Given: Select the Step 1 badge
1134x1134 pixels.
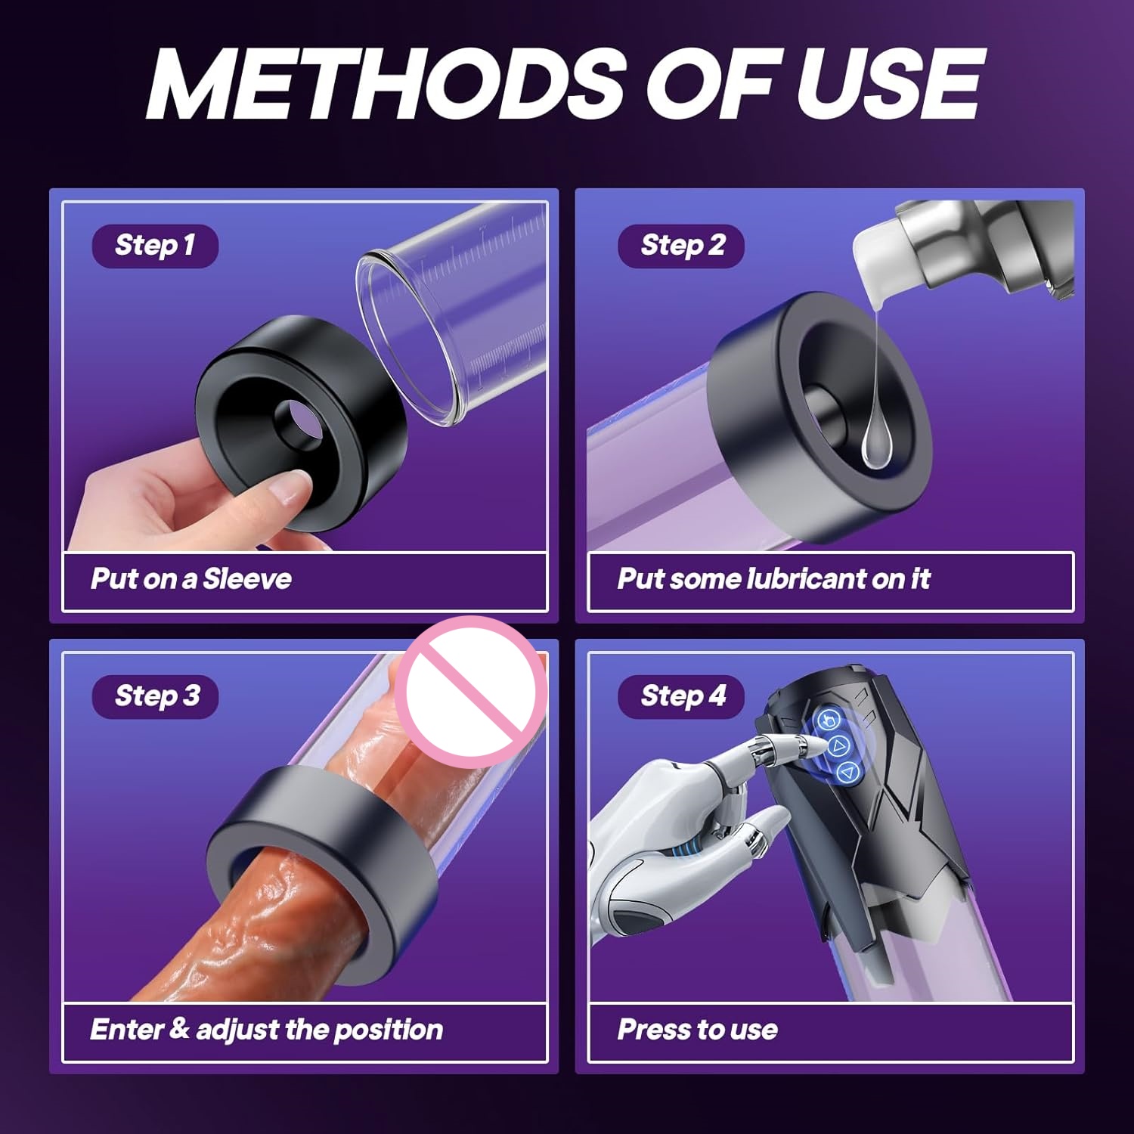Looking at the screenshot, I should [155, 246].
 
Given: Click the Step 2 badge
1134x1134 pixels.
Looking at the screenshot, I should [681, 246].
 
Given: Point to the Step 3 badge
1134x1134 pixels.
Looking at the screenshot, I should [156, 696].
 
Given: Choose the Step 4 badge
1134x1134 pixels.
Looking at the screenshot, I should [682, 696].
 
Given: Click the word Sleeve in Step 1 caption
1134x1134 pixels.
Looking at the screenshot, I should [247, 579].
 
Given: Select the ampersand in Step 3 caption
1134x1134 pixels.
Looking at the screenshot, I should [179, 1028].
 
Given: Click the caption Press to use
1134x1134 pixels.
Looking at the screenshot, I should [697, 1030].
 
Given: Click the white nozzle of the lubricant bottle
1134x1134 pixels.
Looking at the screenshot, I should [877, 261].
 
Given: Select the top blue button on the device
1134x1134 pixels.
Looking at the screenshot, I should [829, 720].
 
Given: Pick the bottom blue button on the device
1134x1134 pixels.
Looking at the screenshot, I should [848, 772].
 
